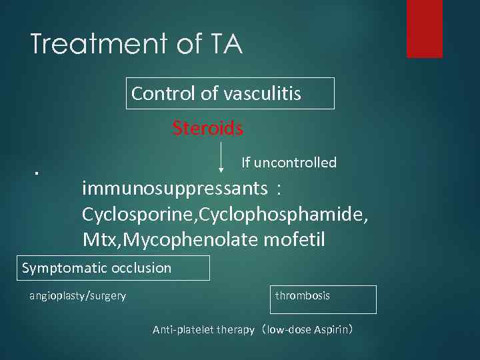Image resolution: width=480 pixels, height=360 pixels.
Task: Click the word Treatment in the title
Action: click(97, 45)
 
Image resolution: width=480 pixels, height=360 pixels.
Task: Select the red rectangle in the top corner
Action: click(425, 29)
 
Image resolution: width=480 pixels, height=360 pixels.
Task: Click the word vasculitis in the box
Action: click(262, 94)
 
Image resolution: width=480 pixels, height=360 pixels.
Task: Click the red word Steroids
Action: click(207, 128)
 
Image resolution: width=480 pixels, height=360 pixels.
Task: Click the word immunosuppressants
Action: click(175, 189)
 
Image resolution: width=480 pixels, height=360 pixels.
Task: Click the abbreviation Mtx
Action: click(98, 239)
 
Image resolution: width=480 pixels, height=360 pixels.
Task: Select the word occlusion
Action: click(142, 268)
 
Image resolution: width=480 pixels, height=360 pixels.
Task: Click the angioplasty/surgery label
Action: click(77, 296)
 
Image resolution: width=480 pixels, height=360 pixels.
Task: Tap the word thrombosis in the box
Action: click(303, 295)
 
